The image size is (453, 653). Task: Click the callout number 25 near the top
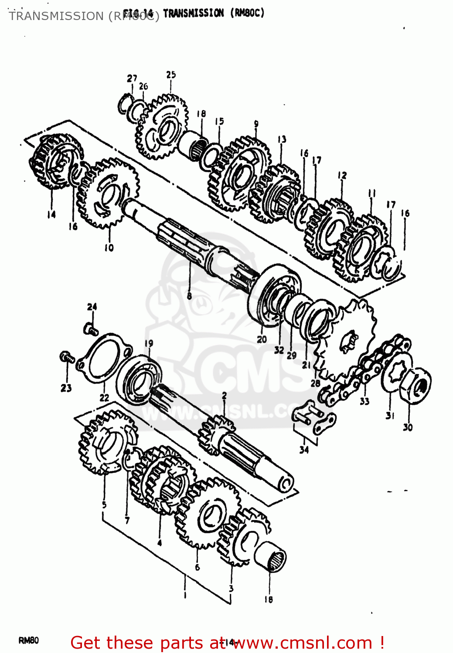point(171,74)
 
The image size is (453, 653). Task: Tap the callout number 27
point(132,78)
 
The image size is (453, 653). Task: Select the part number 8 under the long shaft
point(189,296)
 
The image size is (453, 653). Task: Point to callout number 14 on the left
point(51,214)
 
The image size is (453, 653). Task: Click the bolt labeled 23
point(67,357)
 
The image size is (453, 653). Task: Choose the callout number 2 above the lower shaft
point(224,396)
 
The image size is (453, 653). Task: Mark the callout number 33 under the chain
point(364,401)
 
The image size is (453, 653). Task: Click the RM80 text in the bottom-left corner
point(29,640)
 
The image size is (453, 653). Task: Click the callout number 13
point(282,139)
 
